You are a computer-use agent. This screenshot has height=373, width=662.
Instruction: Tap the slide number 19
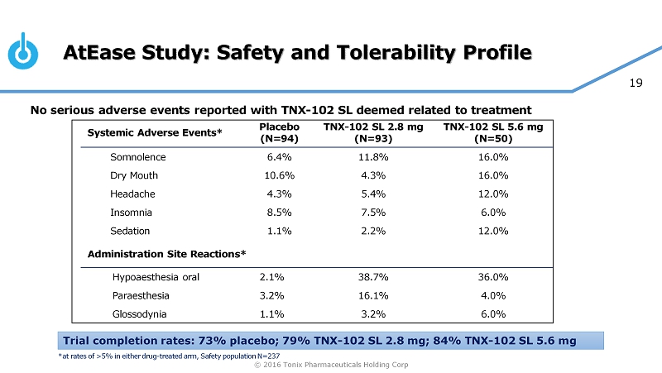coord(637,83)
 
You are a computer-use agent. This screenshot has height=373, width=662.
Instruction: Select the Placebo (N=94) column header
coord(278,132)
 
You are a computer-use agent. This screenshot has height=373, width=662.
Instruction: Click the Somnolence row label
coord(138,157)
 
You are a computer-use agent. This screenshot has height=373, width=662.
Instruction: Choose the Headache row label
coord(132,194)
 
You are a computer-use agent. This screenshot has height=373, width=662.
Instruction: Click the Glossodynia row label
coord(139,314)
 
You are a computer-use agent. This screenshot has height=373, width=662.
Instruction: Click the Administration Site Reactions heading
coord(166,253)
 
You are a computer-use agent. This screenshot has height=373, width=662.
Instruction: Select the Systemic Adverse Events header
coord(155,132)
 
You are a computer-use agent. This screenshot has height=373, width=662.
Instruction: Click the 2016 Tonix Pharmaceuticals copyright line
coord(331,365)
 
